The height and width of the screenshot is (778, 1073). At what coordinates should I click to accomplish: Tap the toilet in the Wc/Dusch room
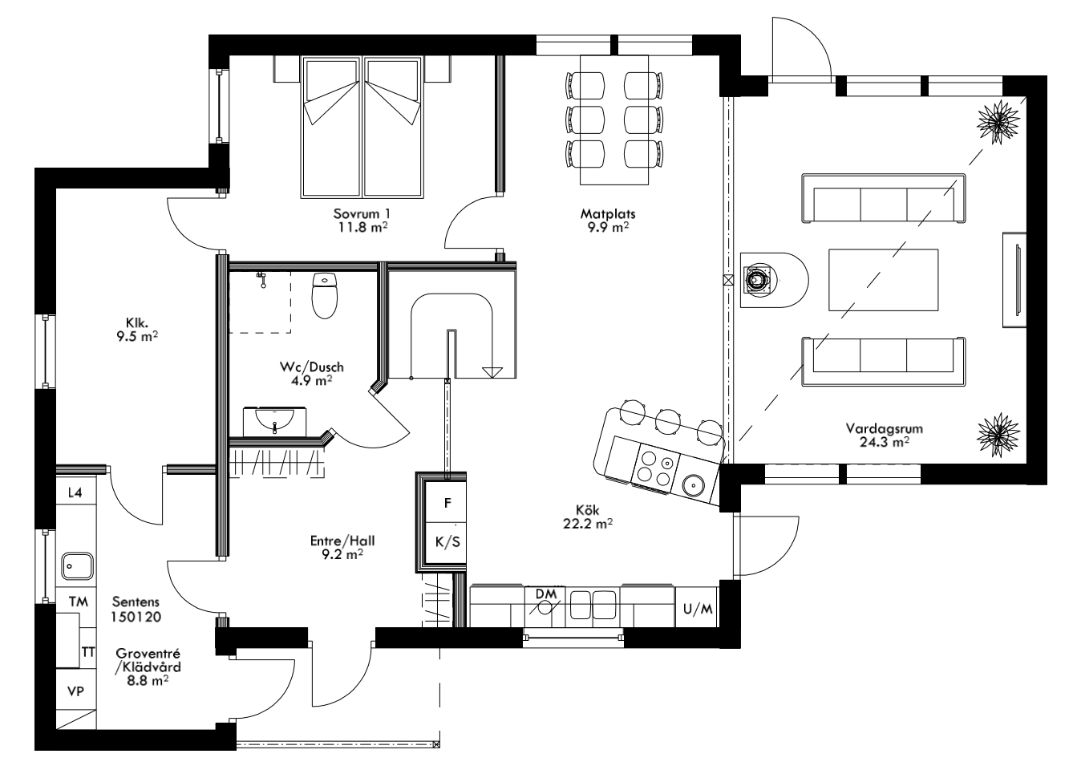(325, 294)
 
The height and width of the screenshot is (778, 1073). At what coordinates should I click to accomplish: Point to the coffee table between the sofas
(883, 279)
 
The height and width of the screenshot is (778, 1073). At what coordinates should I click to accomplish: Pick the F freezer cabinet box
(448, 504)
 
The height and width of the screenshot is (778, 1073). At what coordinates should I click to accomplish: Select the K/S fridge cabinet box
(447, 541)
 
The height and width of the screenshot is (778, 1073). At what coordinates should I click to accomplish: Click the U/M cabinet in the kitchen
(697, 610)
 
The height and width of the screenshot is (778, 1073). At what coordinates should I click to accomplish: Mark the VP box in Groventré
(75, 691)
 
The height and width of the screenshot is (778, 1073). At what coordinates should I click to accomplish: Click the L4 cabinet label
(75, 492)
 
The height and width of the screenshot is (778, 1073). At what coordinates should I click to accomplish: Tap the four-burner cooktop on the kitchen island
(655, 469)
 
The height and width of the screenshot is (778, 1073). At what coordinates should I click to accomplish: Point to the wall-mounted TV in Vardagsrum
(1014, 279)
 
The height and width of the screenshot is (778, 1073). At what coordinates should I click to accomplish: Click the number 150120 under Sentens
(137, 618)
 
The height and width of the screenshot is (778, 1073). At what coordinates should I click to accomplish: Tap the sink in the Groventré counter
(78, 566)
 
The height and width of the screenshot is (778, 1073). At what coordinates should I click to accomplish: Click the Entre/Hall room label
(342, 541)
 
